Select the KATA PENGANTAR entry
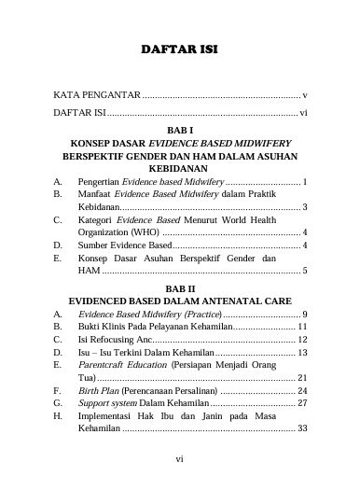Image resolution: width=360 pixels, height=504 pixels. [x=97, y=96]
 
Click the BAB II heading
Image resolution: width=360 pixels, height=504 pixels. [x=179, y=288]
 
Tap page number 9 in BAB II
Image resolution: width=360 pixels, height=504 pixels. [x=305, y=315]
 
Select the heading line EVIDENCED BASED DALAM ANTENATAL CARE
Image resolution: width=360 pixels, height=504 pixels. [x=179, y=301]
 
